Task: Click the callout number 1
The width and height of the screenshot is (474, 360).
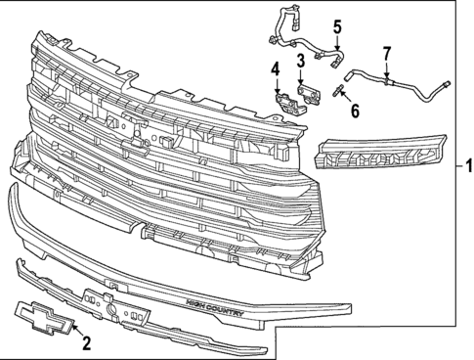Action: [x=466, y=163]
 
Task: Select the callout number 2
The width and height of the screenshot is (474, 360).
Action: [x=86, y=342]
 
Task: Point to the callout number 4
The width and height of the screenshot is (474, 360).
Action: [x=276, y=69]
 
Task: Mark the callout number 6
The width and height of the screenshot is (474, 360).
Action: [x=355, y=111]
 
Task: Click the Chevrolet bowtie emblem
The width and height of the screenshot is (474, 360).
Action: [x=39, y=317]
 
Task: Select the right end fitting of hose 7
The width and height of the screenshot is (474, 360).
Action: [x=445, y=85]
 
